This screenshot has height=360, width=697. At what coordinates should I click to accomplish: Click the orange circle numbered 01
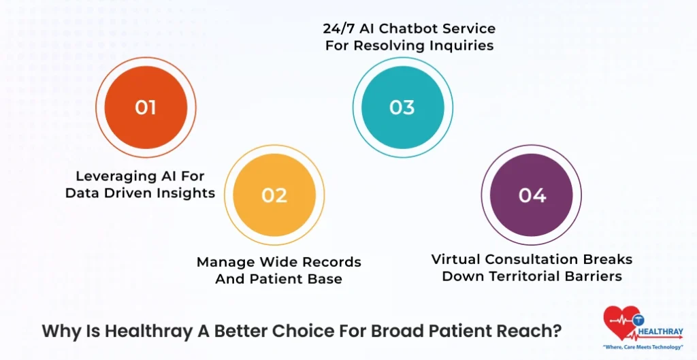click(146, 108)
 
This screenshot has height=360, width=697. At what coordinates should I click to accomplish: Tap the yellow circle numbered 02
click(274, 195)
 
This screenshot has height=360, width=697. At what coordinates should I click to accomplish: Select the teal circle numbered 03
click(402, 108)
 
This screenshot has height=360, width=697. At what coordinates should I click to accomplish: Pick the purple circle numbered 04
click(532, 195)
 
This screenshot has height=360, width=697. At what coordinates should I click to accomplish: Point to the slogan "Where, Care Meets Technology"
click(642, 347)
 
